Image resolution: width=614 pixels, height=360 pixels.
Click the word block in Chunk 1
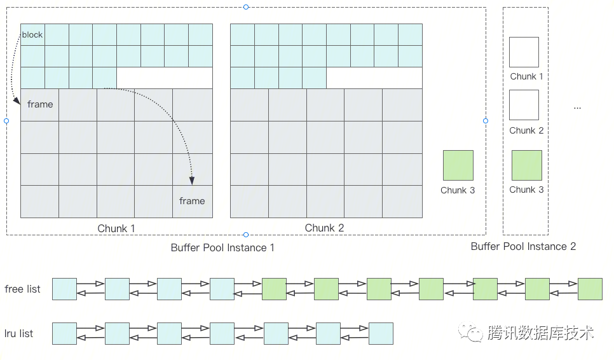(x=32, y=34)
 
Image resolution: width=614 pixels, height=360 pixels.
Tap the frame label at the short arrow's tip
(x=40, y=104)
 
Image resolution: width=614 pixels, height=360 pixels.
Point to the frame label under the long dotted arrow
(x=192, y=201)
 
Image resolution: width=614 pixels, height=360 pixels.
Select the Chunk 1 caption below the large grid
(x=116, y=228)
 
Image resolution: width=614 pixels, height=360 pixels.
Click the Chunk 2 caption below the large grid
(x=324, y=228)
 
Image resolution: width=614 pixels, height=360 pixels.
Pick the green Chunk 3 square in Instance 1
(x=458, y=165)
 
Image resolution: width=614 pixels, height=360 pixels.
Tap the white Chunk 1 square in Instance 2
(x=524, y=52)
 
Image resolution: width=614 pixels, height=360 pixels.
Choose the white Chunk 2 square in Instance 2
(x=524, y=105)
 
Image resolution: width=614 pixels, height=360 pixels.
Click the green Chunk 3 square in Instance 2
(x=526, y=165)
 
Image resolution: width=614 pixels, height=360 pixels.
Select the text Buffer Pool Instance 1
(x=222, y=247)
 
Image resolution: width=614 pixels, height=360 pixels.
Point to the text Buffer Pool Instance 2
(x=523, y=246)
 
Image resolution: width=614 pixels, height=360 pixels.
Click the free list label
(x=22, y=289)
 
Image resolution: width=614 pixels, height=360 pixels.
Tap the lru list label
(x=19, y=333)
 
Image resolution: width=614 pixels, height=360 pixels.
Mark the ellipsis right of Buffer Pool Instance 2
(x=577, y=108)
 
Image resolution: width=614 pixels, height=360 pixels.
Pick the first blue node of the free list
(x=64, y=289)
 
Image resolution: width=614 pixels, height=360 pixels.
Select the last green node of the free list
(x=590, y=289)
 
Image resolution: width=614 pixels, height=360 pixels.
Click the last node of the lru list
(x=381, y=333)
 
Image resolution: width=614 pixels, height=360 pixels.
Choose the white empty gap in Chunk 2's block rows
(x=374, y=78)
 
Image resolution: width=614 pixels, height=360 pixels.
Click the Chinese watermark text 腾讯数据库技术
(x=541, y=332)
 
